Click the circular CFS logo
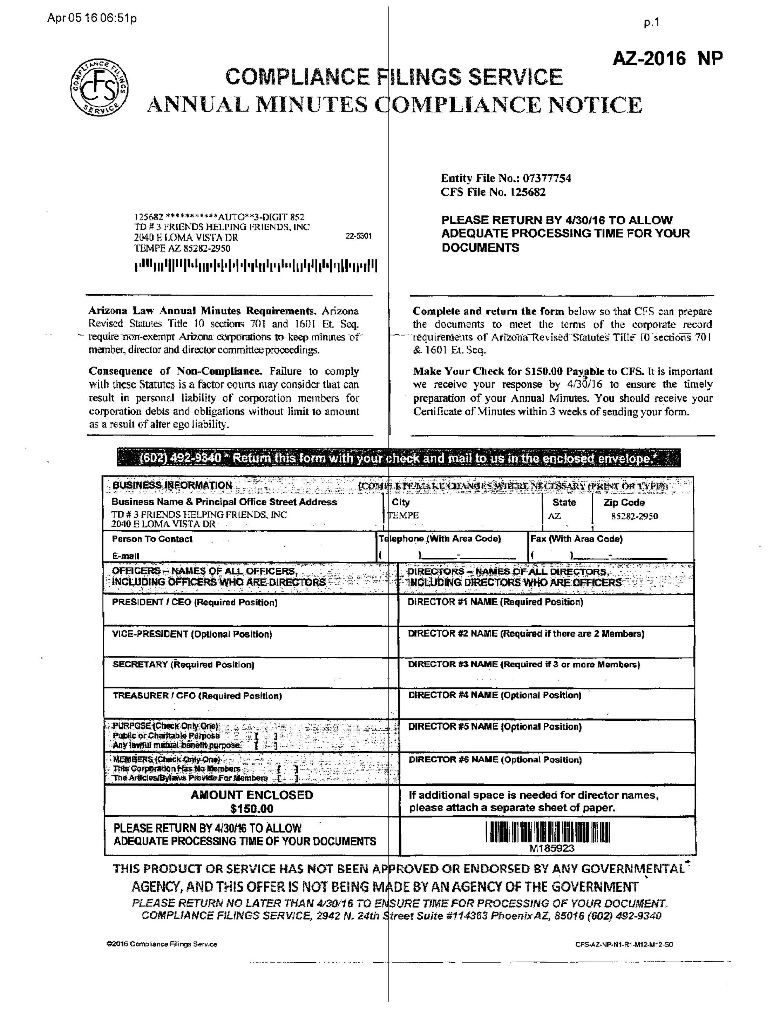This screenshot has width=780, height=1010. [99, 87]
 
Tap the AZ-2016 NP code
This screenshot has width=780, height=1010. [667, 59]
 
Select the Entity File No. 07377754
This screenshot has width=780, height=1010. [506, 178]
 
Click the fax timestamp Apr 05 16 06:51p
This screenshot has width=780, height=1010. [92, 18]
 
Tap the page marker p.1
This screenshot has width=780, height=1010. [651, 23]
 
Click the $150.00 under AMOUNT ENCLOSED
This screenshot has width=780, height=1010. [251, 808]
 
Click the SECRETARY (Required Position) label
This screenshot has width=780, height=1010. [183, 665]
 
